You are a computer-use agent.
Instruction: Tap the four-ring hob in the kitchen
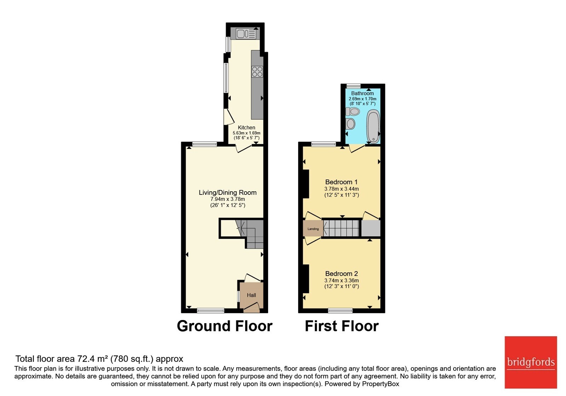(x=257, y=71)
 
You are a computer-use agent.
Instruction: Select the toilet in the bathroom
(x=352, y=111)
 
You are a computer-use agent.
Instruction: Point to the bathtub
(x=373, y=126)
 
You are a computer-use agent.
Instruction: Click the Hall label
(x=252, y=295)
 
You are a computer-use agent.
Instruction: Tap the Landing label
(x=313, y=229)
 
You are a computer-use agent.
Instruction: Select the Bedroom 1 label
(x=341, y=182)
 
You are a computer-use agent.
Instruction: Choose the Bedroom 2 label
(x=341, y=274)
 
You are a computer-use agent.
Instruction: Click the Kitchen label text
(x=246, y=128)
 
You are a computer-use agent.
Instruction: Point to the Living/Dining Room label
(x=228, y=192)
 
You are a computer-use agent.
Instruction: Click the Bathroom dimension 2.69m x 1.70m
(x=362, y=99)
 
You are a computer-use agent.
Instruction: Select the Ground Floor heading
(x=225, y=326)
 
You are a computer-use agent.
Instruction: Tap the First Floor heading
(x=342, y=326)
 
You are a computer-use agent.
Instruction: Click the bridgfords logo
(x=531, y=362)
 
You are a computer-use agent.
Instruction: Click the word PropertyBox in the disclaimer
(x=381, y=384)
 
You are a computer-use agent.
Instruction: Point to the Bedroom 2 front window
(x=340, y=311)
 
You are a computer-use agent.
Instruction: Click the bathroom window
(x=353, y=86)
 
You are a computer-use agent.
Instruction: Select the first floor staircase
(x=341, y=228)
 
